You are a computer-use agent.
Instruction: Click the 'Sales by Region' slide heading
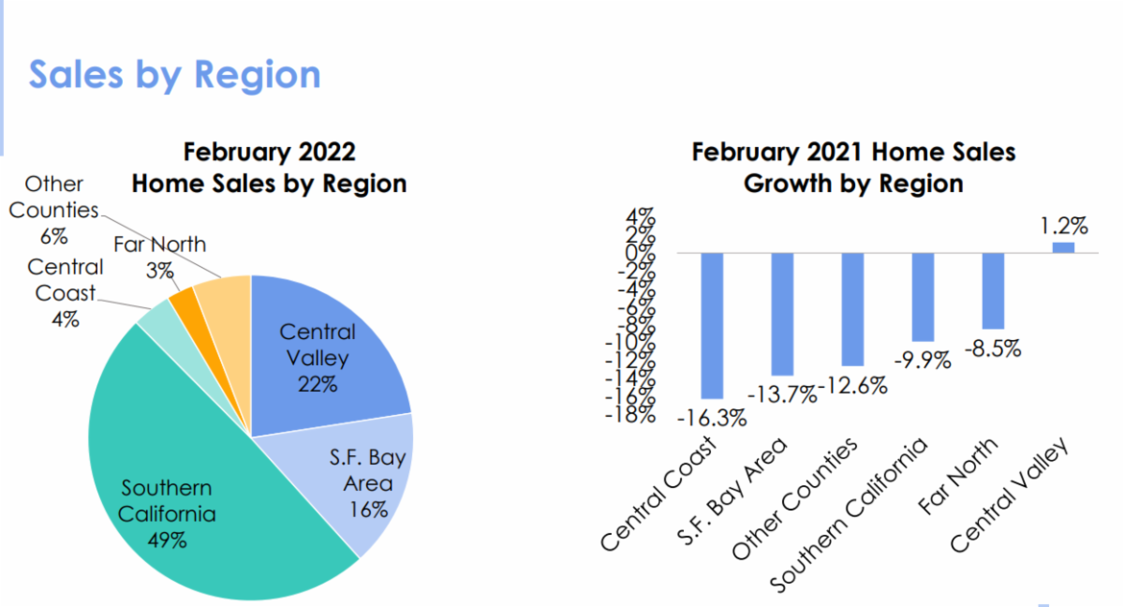pyautogui.click(x=174, y=74)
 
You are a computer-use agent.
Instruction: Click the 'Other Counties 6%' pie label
pyautogui.click(x=53, y=210)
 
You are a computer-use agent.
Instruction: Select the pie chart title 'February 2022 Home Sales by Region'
pyautogui.click(x=269, y=167)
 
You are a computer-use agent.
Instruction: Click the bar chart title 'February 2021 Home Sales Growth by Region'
pyautogui.click(x=853, y=167)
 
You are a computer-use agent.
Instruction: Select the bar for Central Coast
pyautogui.click(x=712, y=325)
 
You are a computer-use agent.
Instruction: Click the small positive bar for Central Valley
pyautogui.click(x=1063, y=247)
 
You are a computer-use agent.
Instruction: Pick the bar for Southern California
pyautogui.click(x=923, y=297)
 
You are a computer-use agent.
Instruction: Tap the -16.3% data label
pyautogui.click(x=712, y=418)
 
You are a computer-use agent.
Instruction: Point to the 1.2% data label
pyautogui.click(x=1063, y=226)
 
